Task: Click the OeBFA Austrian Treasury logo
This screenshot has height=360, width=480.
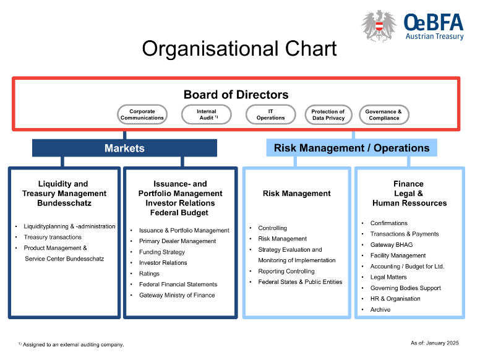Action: (x=412, y=26)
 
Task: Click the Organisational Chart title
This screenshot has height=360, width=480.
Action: (x=239, y=48)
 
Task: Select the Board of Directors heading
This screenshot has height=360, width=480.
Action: (x=236, y=95)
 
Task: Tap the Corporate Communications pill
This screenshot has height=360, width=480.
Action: (x=142, y=114)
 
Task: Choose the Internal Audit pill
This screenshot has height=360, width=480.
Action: (x=207, y=114)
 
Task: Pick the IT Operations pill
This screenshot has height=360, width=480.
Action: (x=270, y=114)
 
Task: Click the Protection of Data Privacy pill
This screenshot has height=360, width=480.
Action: (x=328, y=114)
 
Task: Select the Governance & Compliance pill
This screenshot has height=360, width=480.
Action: (x=384, y=114)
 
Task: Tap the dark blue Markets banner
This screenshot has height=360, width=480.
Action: (x=124, y=148)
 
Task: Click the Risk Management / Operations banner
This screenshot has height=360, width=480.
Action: (x=351, y=148)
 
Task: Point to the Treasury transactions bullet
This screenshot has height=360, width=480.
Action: (x=53, y=237)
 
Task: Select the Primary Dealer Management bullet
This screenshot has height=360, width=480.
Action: (x=177, y=241)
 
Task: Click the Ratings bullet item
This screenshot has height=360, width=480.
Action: (x=149, y=273)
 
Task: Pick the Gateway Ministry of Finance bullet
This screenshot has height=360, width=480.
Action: (x=177, y=295)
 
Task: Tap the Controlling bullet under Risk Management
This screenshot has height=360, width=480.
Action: (x=272, y=228)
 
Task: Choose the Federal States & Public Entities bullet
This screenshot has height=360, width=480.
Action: (x=300, y=282)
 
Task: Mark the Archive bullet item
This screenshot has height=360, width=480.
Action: (x=380, y=309)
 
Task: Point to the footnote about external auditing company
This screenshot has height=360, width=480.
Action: (x=71, y=345)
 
